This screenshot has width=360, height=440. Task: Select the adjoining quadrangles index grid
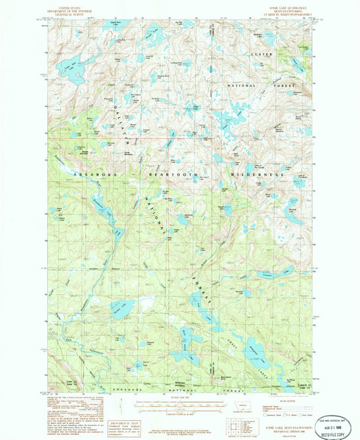[x=233, y=426]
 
